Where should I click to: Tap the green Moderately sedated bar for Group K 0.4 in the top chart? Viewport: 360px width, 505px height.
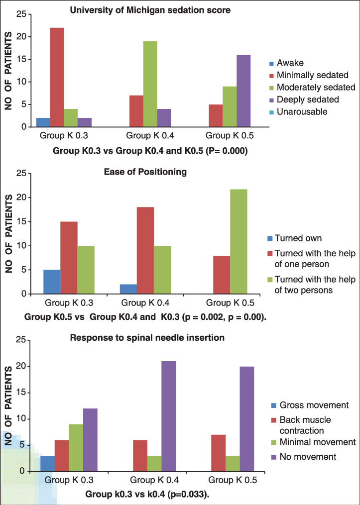[150, 84]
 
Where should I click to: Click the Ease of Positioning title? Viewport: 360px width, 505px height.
[145, 172]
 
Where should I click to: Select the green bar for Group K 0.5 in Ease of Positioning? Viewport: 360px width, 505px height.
[238, 241]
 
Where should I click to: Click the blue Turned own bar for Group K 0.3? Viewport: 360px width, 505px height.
[51, 282]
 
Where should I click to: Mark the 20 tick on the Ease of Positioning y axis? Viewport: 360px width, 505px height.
[22, 197]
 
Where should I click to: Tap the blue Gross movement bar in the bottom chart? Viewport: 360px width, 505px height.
[48, 463]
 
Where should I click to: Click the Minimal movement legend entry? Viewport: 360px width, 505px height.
[317, 442]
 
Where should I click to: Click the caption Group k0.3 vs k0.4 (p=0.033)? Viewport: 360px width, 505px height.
[147, 495]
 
